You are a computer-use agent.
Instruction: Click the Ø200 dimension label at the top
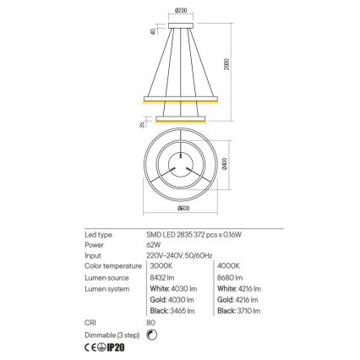coord(180,9)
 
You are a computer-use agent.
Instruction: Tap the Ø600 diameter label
coord(180,209)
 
